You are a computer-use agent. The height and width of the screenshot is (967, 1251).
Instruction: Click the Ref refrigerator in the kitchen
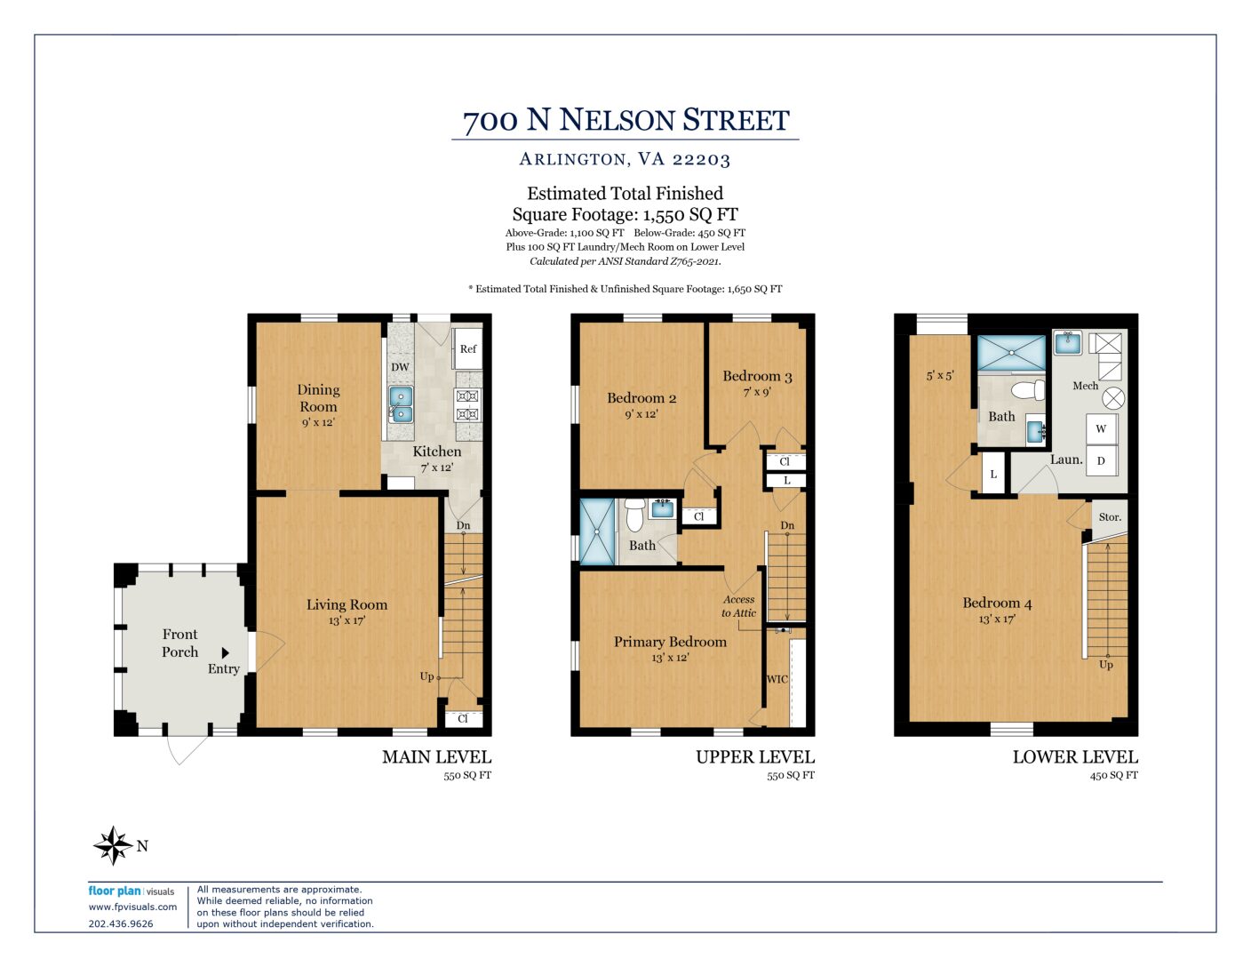[466, 348]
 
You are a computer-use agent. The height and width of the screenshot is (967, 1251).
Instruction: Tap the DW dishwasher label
[400, 367]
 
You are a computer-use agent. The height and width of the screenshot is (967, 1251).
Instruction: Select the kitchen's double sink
[401, 404]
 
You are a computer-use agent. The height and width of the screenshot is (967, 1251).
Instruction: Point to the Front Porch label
[179, 643]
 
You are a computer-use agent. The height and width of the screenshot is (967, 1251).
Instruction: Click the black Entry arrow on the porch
[226, 652]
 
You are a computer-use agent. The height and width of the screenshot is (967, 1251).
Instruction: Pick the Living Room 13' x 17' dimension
[347, 620]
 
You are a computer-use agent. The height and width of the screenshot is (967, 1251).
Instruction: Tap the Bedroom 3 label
[757, 376]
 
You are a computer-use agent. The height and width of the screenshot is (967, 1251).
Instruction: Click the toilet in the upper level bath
[634, 515]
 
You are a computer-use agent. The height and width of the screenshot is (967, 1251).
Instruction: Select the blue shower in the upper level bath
[597, 531]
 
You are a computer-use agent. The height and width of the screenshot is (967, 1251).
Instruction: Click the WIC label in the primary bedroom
[777, 679]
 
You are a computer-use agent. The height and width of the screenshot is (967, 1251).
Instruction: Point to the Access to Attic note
[738, 606]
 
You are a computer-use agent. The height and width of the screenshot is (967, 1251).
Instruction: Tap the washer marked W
[1101, 428]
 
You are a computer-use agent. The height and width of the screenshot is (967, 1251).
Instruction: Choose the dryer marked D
[1101, 460]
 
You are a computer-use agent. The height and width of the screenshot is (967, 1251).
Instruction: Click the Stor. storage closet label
[1110, 516]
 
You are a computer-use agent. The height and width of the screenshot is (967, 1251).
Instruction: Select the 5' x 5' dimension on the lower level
[939, 375]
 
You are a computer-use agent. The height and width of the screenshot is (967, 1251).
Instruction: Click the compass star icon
[113, 845]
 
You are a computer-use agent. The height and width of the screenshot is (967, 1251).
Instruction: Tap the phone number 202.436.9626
[120, 923]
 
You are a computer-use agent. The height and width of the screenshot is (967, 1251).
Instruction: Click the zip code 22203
[701, 159]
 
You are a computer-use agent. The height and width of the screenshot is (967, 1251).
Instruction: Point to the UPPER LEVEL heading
[754, 756]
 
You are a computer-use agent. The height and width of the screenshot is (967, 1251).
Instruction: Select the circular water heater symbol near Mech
[1113, 398]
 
